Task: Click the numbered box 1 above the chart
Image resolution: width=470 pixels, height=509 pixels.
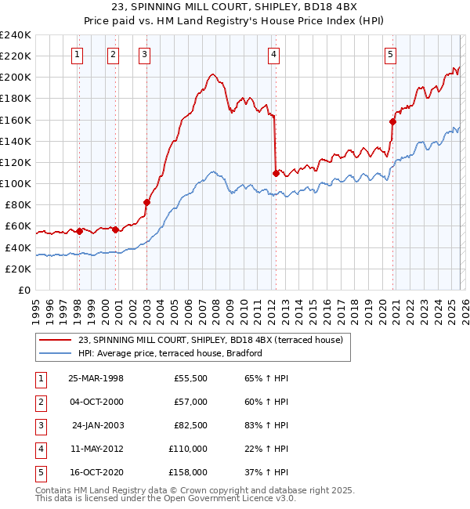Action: (x=78, y=54)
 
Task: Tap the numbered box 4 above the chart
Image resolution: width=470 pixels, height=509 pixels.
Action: (x=273, y=54)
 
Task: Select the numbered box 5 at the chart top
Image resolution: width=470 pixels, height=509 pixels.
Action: (x=390, y=54)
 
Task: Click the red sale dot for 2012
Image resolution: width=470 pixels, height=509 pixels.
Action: (x=276, y=173)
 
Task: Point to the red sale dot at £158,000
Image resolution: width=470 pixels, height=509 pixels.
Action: (x=392, y=121)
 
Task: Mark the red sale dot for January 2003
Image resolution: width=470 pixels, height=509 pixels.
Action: (x=146, y=202)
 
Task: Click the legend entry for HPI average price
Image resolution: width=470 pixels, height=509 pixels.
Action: (x=170, y=353)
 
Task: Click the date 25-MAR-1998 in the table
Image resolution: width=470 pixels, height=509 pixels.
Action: (x=96, y=378)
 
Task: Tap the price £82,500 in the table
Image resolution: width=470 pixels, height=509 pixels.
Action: (x=190, y=425)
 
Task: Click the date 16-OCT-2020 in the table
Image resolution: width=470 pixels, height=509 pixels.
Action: (x=96, y=472)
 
